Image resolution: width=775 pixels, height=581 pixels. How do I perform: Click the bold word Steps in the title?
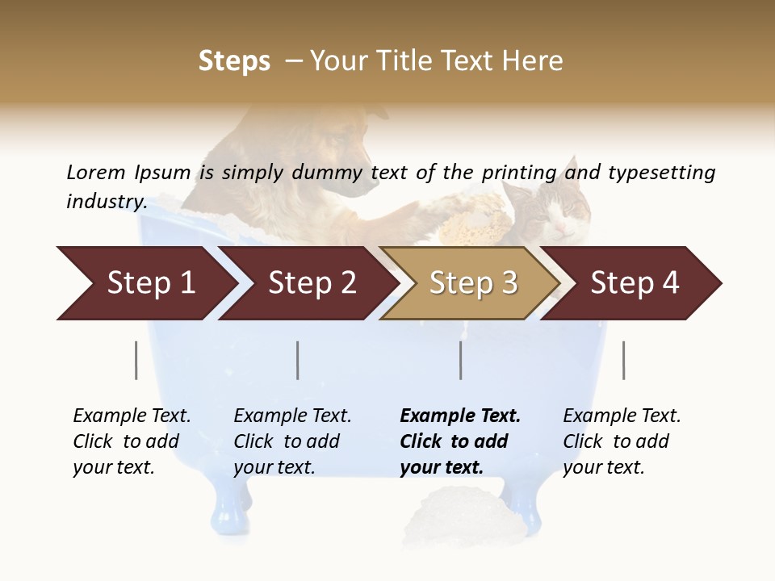[234, 61]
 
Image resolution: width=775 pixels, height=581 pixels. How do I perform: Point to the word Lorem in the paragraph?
[96, 172]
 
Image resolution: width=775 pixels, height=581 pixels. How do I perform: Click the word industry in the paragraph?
[106, 202]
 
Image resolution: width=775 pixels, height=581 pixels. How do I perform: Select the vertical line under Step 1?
[136, 360]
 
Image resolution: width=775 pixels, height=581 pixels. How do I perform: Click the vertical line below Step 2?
[298, 360]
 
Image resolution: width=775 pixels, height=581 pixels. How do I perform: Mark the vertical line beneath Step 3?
[461, 360]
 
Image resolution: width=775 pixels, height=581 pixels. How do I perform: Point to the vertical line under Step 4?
[623, 360]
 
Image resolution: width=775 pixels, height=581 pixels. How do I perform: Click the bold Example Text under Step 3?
[460, 416]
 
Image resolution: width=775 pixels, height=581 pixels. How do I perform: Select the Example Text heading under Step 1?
[132, 416]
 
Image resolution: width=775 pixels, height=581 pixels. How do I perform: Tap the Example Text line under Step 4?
[622, 416]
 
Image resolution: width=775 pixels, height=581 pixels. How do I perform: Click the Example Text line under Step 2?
[292, 416]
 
